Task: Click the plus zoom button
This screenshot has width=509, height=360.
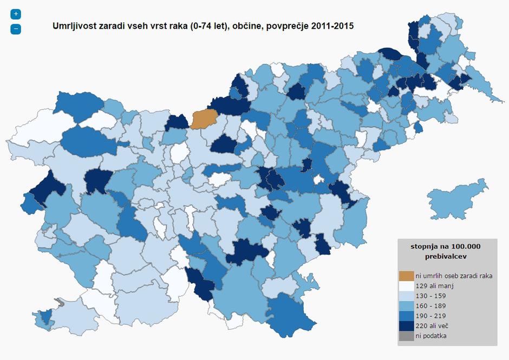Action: [16, 14]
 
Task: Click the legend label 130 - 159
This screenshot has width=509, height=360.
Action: [431, 296]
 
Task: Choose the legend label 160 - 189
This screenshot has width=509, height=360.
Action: [431, 306]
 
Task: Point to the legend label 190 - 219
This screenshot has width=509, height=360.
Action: [431, 316]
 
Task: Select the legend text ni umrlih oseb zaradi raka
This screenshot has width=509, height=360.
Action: [454, 276]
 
